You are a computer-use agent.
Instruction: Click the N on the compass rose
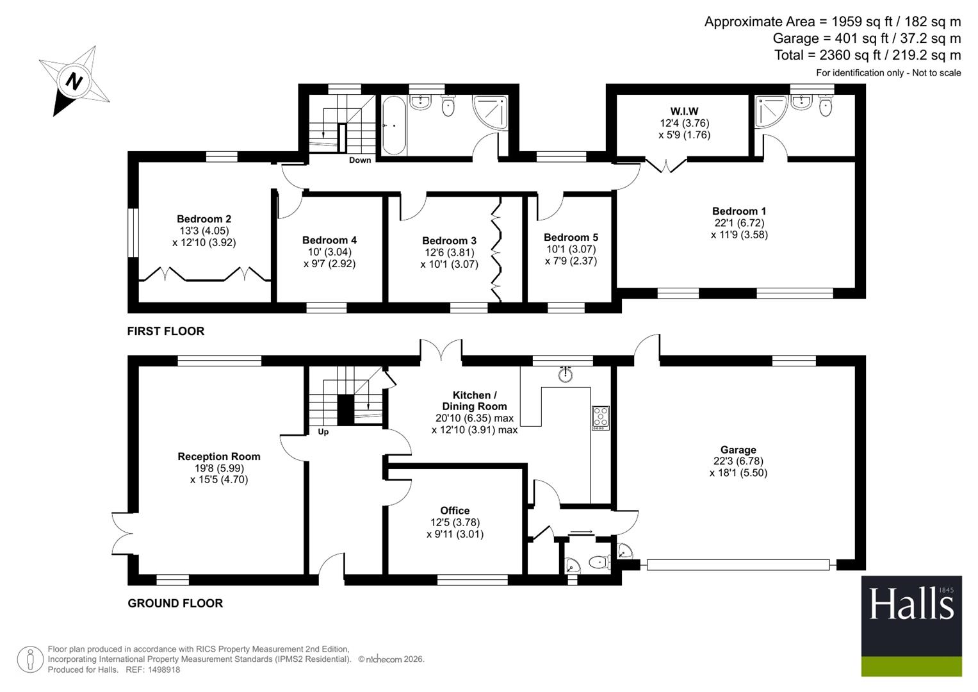74,81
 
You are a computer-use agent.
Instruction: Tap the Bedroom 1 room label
738,211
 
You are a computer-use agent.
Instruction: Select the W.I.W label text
684,111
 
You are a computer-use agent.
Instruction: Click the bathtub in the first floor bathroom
394,126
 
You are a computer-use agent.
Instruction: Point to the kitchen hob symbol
601,418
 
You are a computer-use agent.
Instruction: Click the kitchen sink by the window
566,374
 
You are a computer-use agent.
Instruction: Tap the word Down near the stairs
360,160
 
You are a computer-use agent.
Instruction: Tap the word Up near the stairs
323,432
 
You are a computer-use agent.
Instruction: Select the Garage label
738,450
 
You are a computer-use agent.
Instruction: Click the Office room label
455,510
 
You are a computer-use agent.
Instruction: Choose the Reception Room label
219,456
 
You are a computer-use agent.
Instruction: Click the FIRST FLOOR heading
165,331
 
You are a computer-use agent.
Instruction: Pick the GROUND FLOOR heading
175,604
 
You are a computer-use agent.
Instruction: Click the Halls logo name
911,604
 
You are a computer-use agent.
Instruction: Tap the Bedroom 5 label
571,238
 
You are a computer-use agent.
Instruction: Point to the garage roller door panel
738,565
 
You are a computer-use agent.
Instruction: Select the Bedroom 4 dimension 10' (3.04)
330,252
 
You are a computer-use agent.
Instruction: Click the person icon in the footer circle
30,660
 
